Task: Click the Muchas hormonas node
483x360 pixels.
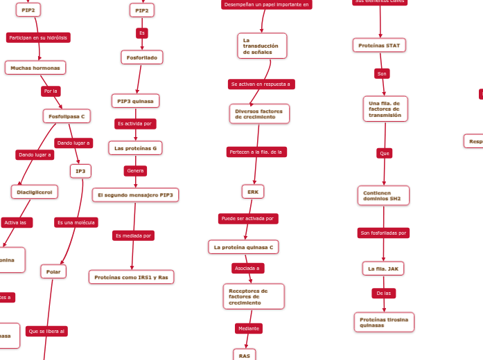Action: (x=35, y=68)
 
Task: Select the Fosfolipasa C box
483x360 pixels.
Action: (x=67, y=116)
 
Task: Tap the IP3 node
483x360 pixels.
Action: (x=80, y=171)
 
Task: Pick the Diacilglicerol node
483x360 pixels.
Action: (x=35, y=192)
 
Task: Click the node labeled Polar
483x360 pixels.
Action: (x=53, y=272)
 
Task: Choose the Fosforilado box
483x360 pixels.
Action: (x=142, y=57)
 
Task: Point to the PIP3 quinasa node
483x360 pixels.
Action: (x=135, y=101)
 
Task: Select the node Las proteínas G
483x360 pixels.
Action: (x=135, y=148)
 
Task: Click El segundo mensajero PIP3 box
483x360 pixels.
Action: (x=135, y=195)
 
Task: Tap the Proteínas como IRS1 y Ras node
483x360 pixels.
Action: (x=131, y=277)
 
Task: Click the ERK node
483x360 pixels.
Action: (x=253, y=192)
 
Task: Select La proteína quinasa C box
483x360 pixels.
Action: (x=243, y=247)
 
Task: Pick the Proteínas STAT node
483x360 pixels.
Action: (x=379, y=46)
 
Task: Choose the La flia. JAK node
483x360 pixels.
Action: (x=383, y=268)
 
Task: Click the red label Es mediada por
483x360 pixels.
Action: (x=133, y=236)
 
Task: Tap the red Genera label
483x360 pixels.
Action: (x=135, y=171)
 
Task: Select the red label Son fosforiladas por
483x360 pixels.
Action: (x=384, y=233)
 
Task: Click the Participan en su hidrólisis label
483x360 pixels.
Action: (x=38, y=37)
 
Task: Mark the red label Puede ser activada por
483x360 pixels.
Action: (x=248, y=219)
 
